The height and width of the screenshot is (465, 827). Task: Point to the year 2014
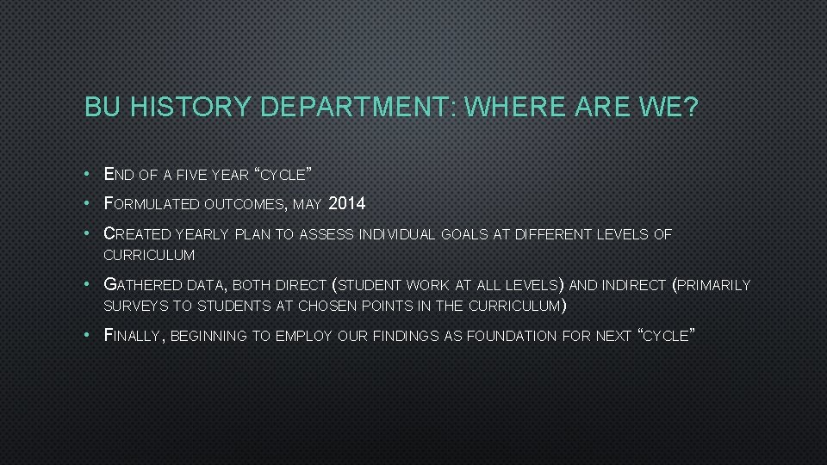click(x=347, y=204)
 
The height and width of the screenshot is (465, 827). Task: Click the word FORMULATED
click(x=152, y=204)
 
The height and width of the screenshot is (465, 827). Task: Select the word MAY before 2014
click(x=308, y=205)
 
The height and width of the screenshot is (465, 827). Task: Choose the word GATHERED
click(x=141, y=284)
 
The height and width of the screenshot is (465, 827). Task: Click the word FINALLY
click(x=132, y=336)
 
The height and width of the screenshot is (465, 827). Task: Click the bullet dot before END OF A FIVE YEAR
click(x=90, y=175)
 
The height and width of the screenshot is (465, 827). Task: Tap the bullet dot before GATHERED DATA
click(x=90, y=285)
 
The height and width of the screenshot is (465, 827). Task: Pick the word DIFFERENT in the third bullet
click(x=550, y=234)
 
